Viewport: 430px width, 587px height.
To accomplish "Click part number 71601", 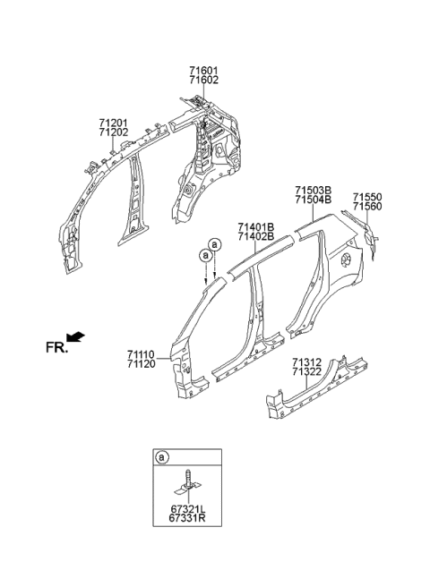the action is coord(203,71).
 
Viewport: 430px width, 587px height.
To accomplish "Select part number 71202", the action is coord(114,132).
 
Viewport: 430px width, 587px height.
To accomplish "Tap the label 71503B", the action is coord(313,191).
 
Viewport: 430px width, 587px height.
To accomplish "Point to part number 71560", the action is coord(367,207).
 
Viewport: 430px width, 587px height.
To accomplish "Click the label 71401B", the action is coord(255,227).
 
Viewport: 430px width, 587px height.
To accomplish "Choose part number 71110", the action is coord(141,354).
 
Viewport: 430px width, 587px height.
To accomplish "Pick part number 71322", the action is coord(306,371).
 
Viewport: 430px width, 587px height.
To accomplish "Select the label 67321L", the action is coord(188,509).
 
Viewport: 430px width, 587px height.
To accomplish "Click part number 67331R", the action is coord(188,518).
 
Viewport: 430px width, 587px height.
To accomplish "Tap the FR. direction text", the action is coord(57,348).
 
